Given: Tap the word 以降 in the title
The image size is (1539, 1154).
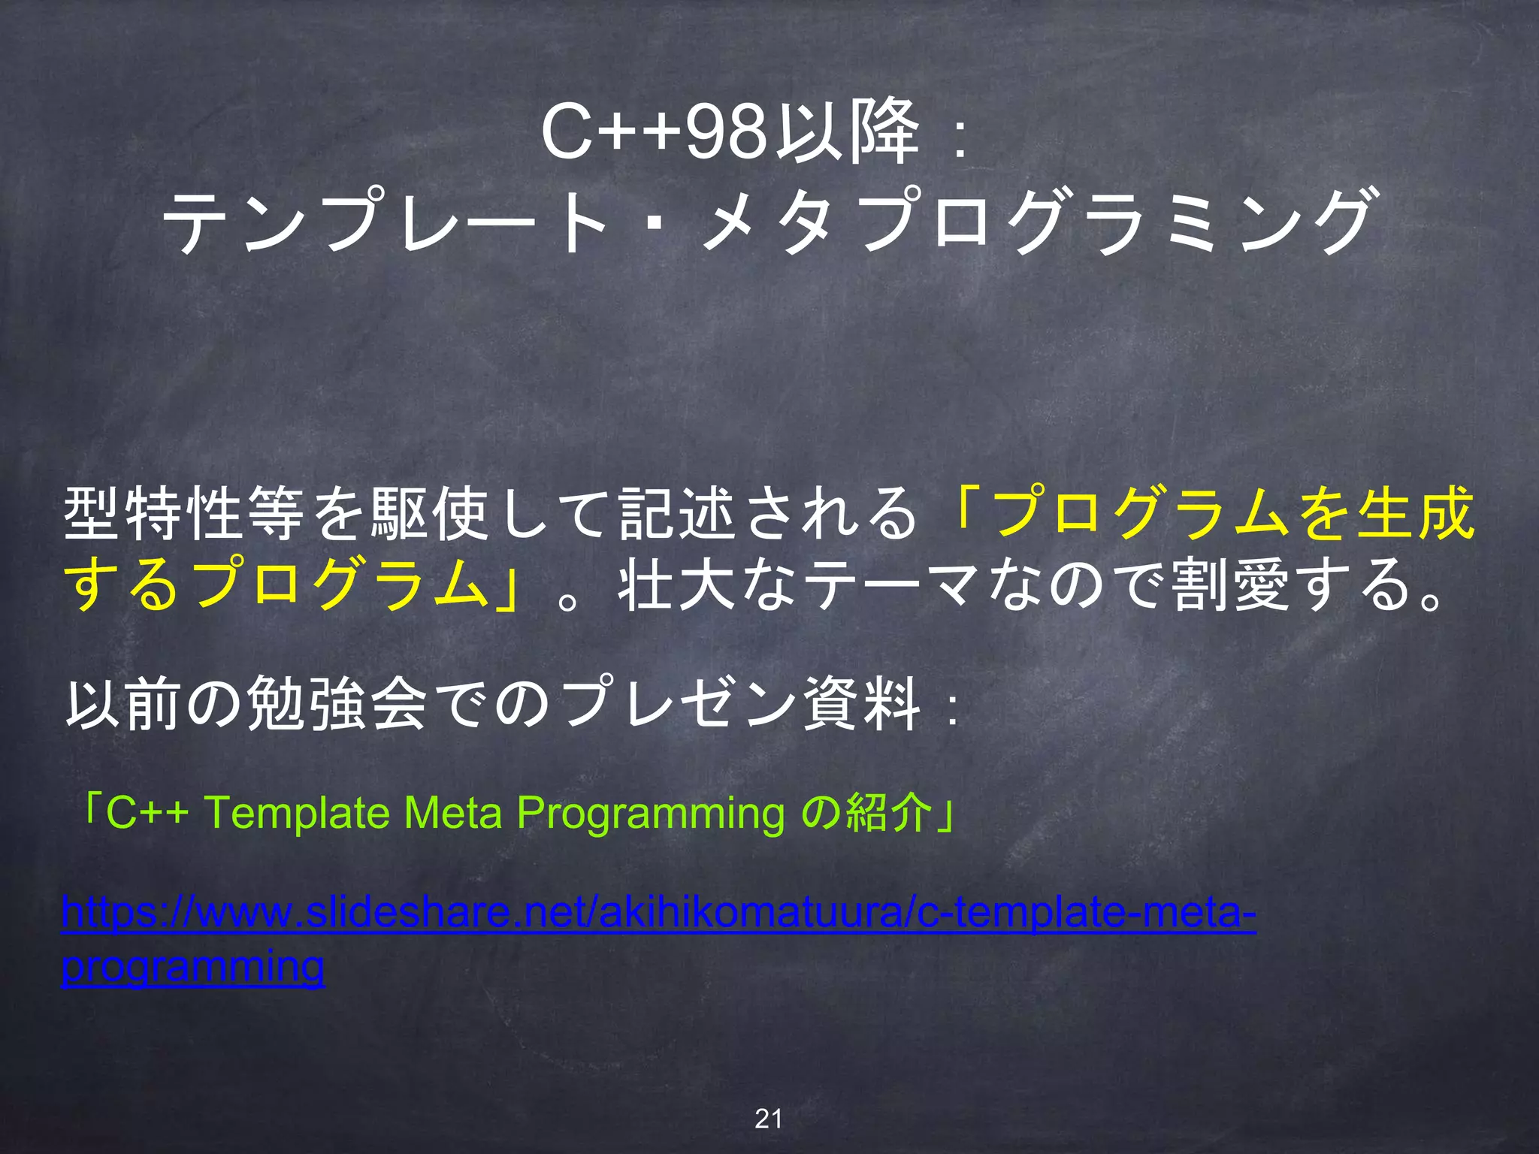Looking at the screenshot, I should coord(847,133).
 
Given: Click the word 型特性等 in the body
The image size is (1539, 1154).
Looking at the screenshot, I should coord(185,514).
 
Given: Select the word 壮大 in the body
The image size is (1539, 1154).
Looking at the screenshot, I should coord(676,585).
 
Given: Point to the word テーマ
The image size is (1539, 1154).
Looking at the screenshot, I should coord(894,585).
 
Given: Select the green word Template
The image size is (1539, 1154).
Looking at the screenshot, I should coord(297,813).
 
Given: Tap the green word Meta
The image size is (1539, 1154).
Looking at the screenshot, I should coord(452,813).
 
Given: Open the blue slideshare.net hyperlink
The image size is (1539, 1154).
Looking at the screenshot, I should coord(658,914).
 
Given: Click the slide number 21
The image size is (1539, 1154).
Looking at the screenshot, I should coord(769,1119).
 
